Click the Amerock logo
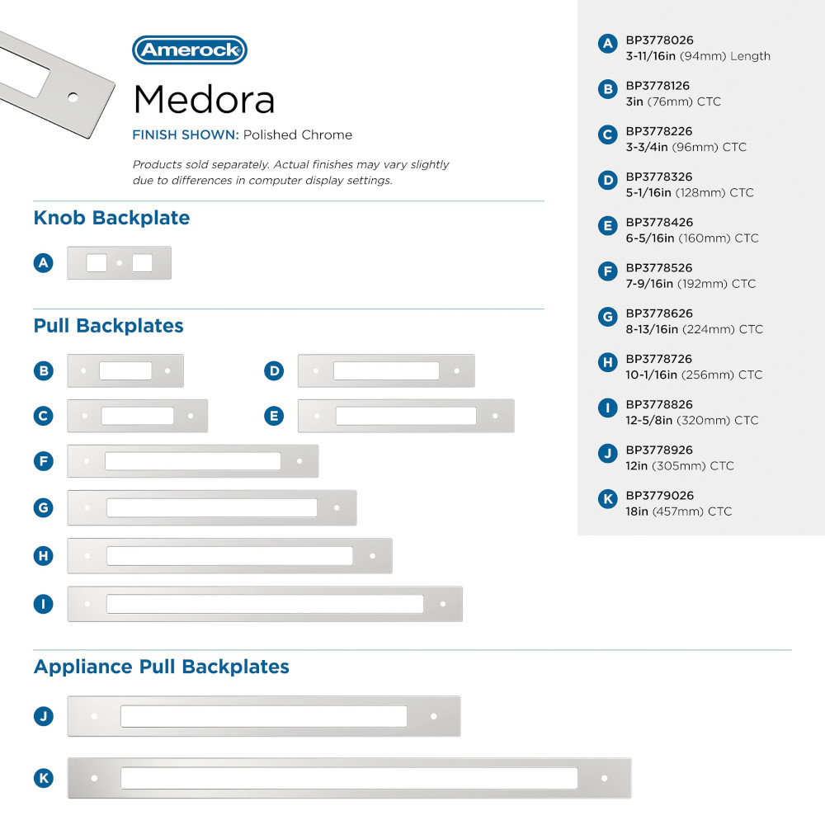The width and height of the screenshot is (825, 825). (190, 49)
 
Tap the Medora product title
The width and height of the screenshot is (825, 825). (204, 100)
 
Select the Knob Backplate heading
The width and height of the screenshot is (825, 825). (111, 219)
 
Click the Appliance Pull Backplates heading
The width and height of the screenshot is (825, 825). (162, 667)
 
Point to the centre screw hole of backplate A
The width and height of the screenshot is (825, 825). (120, 263)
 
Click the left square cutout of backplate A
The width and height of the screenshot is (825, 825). (97, 263)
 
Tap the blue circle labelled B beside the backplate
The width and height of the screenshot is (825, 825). (44, 371)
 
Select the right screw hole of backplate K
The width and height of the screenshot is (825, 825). (605, 778)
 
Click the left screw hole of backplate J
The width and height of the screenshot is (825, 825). (95, 716)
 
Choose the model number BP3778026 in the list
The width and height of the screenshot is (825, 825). (659, 40)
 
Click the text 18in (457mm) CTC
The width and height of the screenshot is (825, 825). (678, 511)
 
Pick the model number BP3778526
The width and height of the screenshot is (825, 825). (659, 268)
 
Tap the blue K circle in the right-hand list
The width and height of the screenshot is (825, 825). (608, 498)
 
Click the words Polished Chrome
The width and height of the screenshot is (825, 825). (298, 135)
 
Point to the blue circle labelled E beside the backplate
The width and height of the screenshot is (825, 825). (275, 417)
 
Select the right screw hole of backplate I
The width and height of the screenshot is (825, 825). (443, 604)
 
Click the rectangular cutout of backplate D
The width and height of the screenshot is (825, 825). (386, 371)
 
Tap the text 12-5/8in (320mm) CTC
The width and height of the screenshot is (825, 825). (691, 421)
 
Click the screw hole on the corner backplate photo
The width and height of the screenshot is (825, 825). (73, 97)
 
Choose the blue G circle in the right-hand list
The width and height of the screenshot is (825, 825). (608, 316)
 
